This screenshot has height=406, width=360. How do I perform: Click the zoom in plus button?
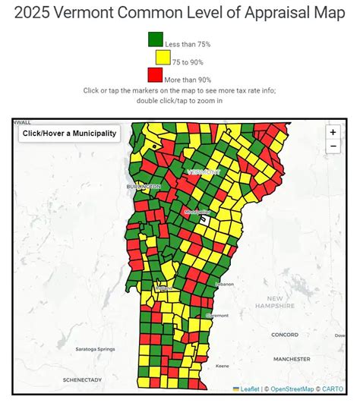333,131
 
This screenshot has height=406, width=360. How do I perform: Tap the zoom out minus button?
333,146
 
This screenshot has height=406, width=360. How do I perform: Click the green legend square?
156,39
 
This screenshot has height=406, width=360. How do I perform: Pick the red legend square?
156,75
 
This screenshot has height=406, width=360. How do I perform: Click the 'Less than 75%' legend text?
188,44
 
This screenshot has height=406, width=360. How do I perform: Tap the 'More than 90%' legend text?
188,80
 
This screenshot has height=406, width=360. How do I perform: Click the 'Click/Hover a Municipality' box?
70,134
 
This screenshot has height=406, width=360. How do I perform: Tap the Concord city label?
285,334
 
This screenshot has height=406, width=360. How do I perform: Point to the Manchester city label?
292,358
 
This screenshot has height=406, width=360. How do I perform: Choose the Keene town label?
223,366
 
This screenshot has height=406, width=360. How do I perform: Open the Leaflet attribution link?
247,389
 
